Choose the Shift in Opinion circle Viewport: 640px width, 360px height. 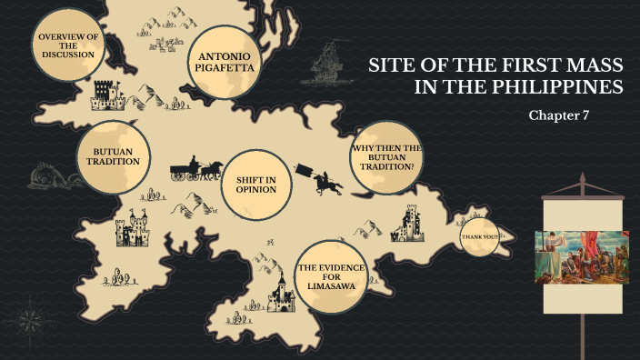pos(255,186)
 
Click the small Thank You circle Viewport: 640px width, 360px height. pos(480,237)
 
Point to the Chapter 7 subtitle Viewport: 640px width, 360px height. pos(559,115)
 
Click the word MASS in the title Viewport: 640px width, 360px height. pos(592,65)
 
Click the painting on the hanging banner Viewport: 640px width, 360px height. pos(582,258)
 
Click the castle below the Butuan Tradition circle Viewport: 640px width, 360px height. pos(134,229)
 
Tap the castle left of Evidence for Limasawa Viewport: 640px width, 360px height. pos(282,293)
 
